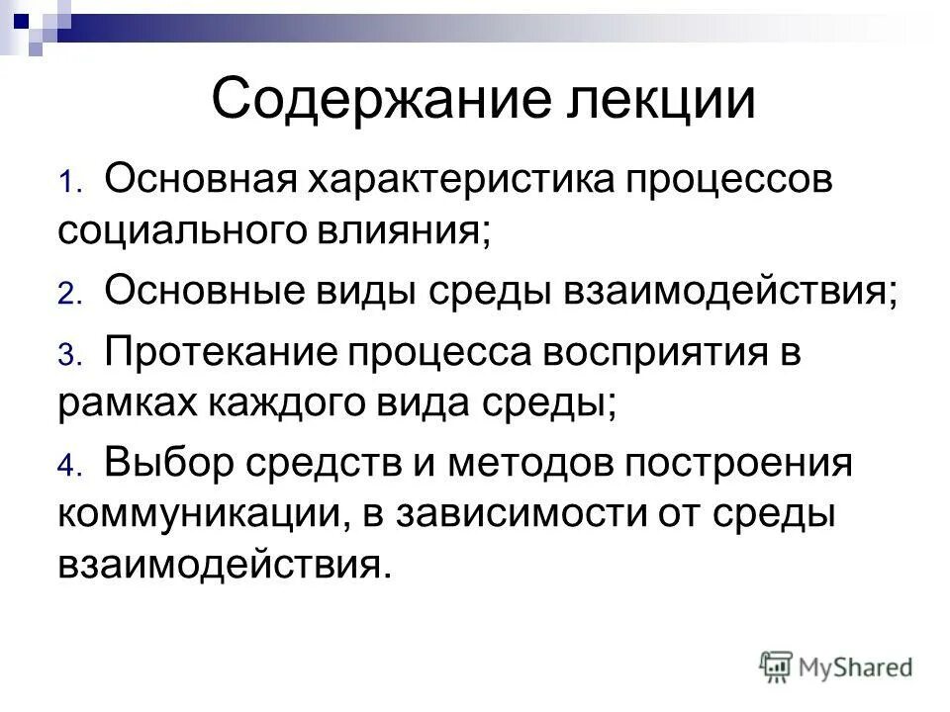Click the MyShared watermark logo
(x=837, y=667)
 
